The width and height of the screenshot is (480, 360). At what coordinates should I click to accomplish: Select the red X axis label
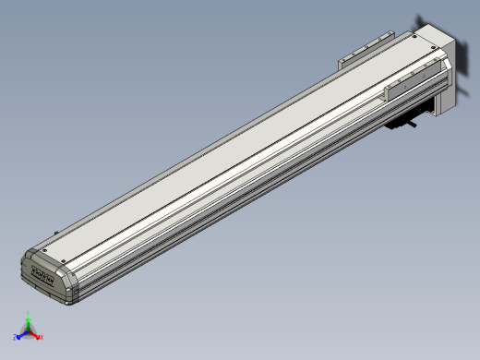pyautogui.click(x=42, y=338)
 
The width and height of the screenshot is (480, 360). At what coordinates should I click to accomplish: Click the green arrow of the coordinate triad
pyautogui.click(x=29, y=324)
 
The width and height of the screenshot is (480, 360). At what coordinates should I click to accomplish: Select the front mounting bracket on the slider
pyautogui.click(x=414, y=84)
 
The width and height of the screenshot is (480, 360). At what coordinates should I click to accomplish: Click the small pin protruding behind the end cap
pyautogui.click(x=57, y=233)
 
